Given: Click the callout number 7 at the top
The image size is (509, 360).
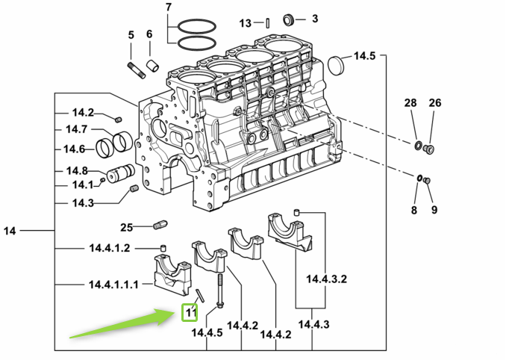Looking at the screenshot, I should pyautogui.click(x=168, y=8).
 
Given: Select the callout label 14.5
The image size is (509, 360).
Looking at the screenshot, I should pyautogui.click(x=364, y=56).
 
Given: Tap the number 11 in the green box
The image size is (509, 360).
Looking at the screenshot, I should pyautogui.click(x=191, y=311).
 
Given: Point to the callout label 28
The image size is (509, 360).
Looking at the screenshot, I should pyautogui.click(x=410, y=102).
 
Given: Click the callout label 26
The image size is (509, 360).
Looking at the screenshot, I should pyautogui.click(x=435, y=102).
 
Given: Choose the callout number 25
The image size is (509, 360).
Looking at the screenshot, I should pyautogui.click(x=126, y=226).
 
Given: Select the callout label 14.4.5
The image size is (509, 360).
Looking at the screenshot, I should pyautogui.click(x=207, y=333).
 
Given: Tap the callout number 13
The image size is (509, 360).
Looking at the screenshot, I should pyautogui.click(x=246, y=23).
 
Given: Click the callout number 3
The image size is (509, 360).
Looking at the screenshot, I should pyautogui.click(x=314, y=19).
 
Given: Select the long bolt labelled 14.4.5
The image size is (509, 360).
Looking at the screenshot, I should pyautogui.click(x=221, y=288).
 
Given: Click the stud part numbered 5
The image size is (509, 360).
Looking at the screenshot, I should pyautogui.click(x=137, y=70).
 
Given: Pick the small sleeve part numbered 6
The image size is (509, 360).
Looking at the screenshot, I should pyautogui.click(x=154, y=66).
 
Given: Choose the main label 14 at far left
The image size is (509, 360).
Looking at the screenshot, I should pyautogui.click(x=10, y=232).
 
